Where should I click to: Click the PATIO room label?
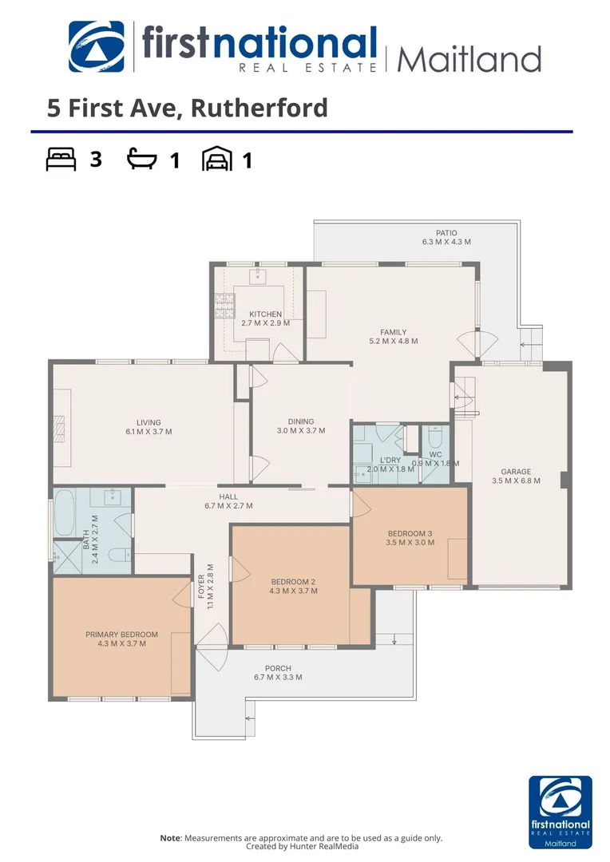point(446,232)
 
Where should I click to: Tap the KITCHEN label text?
point(265,314)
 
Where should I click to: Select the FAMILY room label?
point(393,332)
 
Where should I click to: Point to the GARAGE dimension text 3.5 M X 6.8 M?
point(516,480)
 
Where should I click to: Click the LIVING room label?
point(149,422)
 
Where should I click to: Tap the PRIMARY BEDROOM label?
point(121,635)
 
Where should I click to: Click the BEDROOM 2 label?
point(293,582)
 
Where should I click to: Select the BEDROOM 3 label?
point(410,533)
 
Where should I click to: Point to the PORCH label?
point(278,668)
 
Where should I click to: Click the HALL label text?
point(228,496)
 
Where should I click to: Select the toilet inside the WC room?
point(435,438)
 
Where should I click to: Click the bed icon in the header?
point(60,160)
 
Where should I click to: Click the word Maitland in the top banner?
point(469,59)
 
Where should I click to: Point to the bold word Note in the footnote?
point(170,838)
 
